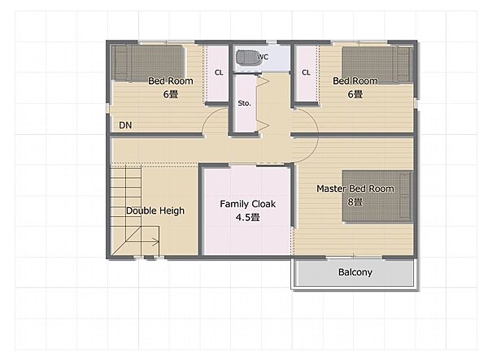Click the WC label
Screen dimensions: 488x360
coord(263,57)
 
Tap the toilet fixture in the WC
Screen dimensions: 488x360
coord(246,57)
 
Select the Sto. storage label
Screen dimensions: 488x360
coord(244,103)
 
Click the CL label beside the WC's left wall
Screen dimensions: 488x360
coord(219,72)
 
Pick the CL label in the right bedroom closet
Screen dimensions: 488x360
coord(306,72)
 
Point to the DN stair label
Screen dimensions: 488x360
coord(125,125)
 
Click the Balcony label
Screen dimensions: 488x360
coord(355,272)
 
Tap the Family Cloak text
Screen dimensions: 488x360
coord(248,204)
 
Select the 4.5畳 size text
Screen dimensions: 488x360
coord(248,217)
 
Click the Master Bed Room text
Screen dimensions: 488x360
coord(355,189)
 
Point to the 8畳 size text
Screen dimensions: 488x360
coord(355,202)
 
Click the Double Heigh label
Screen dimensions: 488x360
coord(155,210)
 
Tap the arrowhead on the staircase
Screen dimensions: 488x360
coord(156,241)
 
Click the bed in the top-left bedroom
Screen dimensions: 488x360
coord(148,63)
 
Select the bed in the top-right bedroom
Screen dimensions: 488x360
coord(377,65)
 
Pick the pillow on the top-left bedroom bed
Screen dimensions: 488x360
coord(120,63)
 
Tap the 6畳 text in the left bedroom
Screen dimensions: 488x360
coord(171,94)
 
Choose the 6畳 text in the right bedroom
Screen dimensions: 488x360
coord(355,94)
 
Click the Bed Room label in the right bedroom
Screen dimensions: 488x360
coord(355,80)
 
